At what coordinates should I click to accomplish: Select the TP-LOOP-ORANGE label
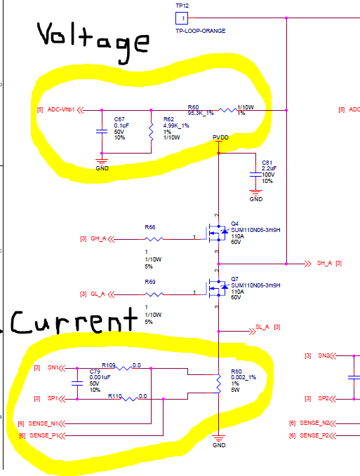tap(201, 32)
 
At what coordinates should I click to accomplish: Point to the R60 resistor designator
tap(193, 107)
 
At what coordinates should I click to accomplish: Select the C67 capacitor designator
tap(119, 120)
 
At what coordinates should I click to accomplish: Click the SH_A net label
tap(324, 264)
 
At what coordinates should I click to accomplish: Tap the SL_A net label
tap(262, 327)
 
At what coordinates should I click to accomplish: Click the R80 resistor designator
tap(236, 372)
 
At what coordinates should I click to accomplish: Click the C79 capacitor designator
tap(95, 371)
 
